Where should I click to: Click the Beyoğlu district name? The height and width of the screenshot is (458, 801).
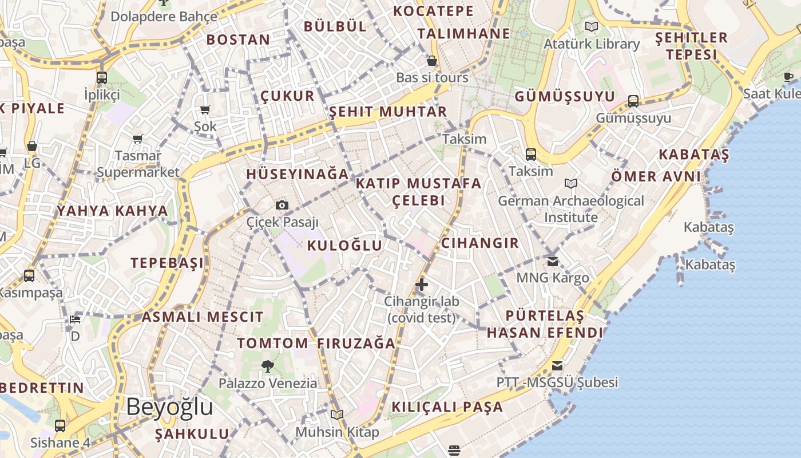169,407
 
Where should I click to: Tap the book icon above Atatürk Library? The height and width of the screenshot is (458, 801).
592,26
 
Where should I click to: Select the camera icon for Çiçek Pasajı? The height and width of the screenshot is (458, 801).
281,205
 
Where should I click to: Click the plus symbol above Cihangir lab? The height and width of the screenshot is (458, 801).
422,284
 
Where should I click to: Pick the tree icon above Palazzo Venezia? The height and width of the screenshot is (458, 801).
267,366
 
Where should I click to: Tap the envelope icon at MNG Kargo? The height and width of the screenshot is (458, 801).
553,261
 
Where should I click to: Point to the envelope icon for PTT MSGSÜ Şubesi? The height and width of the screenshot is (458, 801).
557,366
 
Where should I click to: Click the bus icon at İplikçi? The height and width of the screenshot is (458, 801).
102,78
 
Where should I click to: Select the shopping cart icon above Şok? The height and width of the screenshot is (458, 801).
205,109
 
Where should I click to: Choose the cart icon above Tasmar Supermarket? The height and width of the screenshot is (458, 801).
138,139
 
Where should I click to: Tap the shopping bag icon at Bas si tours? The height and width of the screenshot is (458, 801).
432,61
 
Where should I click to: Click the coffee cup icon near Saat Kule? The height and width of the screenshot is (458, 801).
788,76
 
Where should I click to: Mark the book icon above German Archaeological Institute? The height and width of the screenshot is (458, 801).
570,184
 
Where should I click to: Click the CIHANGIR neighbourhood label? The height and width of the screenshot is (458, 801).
480,243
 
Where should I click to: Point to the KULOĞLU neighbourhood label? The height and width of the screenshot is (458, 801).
344,246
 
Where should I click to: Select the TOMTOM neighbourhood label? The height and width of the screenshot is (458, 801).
272,343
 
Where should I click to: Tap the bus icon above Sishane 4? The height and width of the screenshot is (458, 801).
60,425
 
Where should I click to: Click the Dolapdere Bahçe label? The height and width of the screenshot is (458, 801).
164,16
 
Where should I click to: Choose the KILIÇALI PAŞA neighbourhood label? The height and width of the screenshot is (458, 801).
447,407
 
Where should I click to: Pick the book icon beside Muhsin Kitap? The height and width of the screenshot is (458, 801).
337,414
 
